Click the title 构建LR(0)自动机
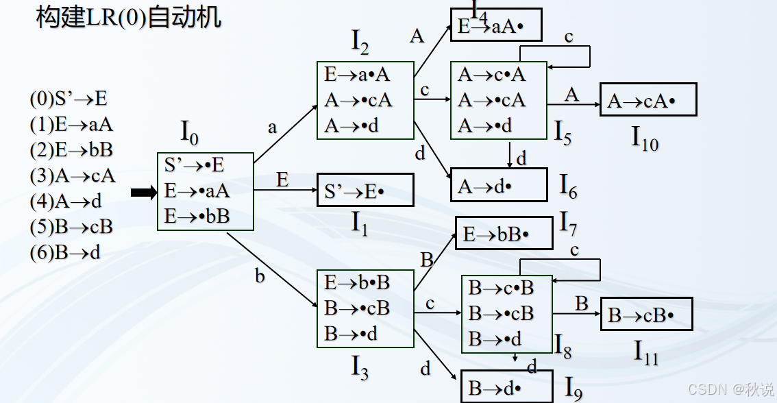129,18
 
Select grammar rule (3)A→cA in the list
72,175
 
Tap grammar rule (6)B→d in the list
65,252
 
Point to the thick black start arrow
144,194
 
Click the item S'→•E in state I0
195,165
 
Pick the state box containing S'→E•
365,190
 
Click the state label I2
360,43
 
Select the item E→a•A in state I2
357,75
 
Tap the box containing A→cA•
648,100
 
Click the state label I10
644,139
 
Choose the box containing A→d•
499,184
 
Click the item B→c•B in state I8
500,287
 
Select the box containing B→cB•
646,314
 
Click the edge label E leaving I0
282,180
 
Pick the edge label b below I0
260,276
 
